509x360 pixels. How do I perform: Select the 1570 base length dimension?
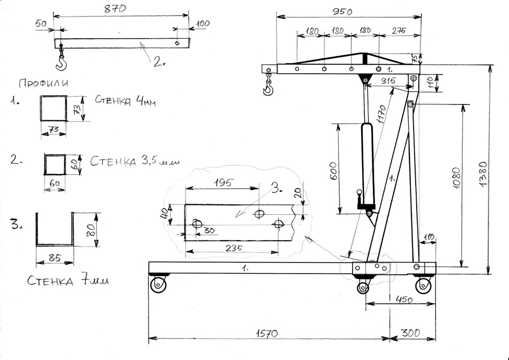click(268, 333)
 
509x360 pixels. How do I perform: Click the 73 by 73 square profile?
click(54, 109)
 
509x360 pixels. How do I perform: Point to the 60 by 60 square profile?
click(55, 165)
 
